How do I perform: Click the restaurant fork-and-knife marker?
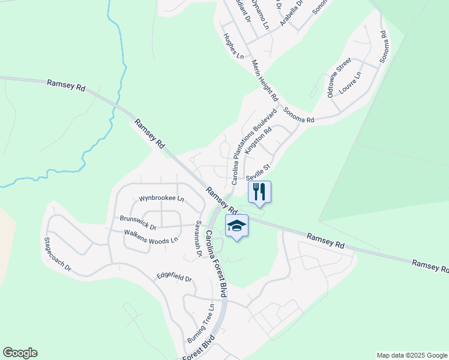point(259,192)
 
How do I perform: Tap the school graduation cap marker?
point(237,226)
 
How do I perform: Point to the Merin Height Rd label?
point(265,80)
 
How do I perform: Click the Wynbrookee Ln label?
point(161,198)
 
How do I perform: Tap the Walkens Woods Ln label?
point(151,236)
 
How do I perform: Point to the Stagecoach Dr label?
point(57,254)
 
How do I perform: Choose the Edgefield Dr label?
point(174,278)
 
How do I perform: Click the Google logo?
point(20,353)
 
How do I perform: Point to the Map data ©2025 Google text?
point(411,355)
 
